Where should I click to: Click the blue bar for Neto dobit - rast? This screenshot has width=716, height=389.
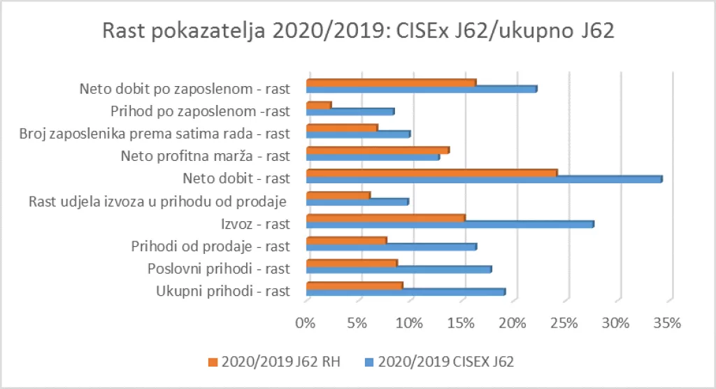point(484,180)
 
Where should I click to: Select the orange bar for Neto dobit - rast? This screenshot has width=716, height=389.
point(431,172)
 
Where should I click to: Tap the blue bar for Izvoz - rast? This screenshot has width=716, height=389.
point(450,225)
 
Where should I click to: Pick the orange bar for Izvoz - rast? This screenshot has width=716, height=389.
point(385,217)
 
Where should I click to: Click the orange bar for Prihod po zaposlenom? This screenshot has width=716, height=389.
point(318,105)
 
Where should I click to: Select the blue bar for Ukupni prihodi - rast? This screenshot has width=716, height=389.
point(406,292)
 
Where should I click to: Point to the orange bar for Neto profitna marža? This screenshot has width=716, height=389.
point(378,150)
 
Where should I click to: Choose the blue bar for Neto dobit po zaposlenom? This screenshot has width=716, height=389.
point(422,89)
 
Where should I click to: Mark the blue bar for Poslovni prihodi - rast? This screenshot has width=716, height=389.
point(399,269)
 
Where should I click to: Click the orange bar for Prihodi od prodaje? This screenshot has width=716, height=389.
point(346,240)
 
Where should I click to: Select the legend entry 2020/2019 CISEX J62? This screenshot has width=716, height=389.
point(439,362)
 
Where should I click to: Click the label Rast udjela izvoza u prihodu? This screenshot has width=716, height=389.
point(158,202)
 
